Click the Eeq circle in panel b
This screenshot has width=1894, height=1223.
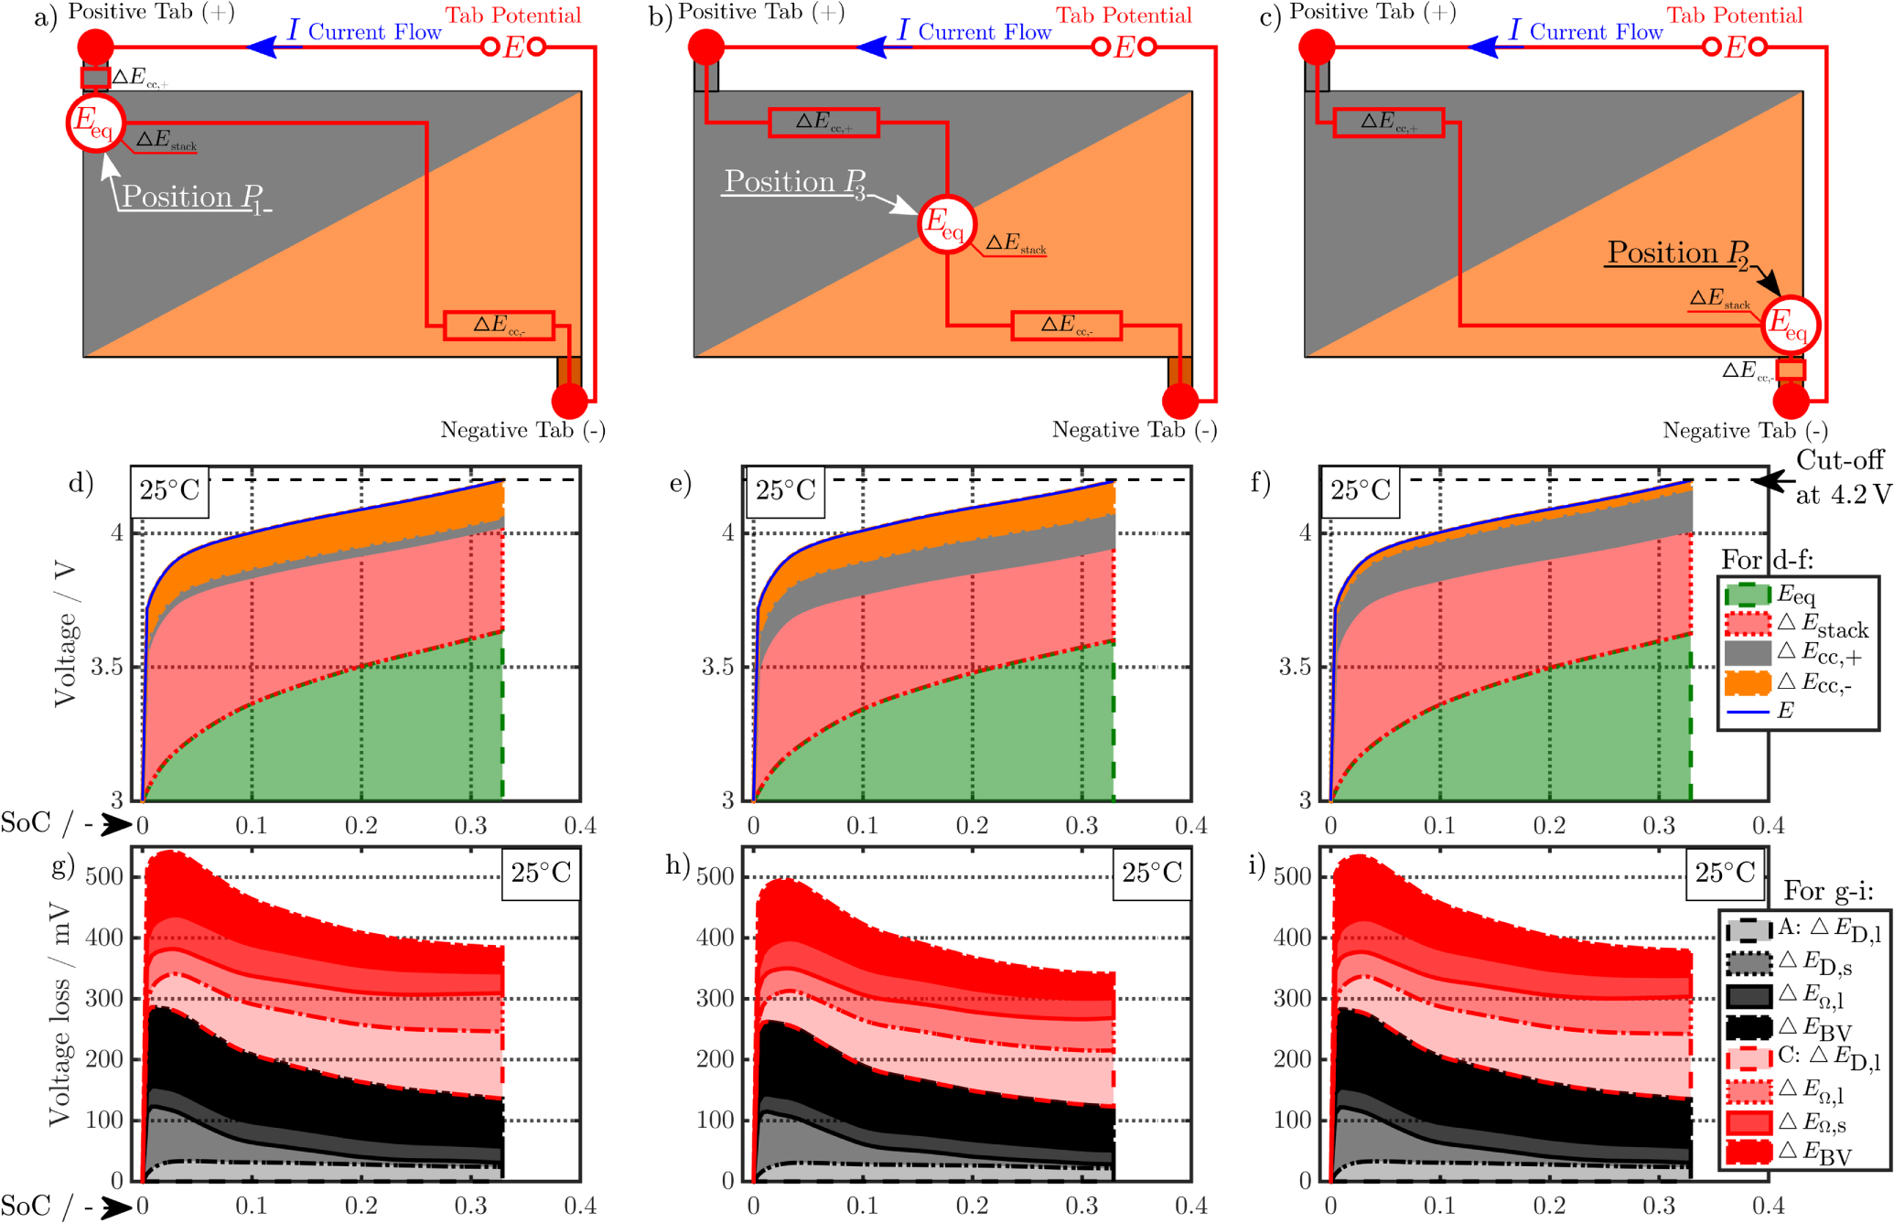pyautogui.click(x=947, y=223)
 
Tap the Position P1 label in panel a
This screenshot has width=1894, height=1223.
pyautogui.click(x=192, y=197)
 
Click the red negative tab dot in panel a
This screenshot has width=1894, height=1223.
pyautogui.click(x=569, y=401)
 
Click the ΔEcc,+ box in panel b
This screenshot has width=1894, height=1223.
pyautogui.click(x=823, y=123)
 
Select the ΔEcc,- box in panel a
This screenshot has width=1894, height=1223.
pyautogui.click(x=499, y=325)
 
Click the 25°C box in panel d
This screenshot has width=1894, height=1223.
pyautogui.click(x=169, y=491)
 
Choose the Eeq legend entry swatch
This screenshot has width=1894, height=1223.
pyautogui.click(x=1747, y=595)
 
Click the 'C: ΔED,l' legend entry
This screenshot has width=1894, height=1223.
pyautogui.click(x=1803, y=1057)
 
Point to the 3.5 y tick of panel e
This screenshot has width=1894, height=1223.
pyautogui.click(x=718, y=667)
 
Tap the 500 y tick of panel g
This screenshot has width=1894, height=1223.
pyautogui.click(x=103, y=876)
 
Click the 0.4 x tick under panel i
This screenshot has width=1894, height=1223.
pyautogui.click(x=1768, y=1206)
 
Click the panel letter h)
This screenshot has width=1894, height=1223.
pyautogui.click(x=677, y=864)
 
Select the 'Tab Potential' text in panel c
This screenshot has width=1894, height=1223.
pyautogui.click(x=1734, y=16)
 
